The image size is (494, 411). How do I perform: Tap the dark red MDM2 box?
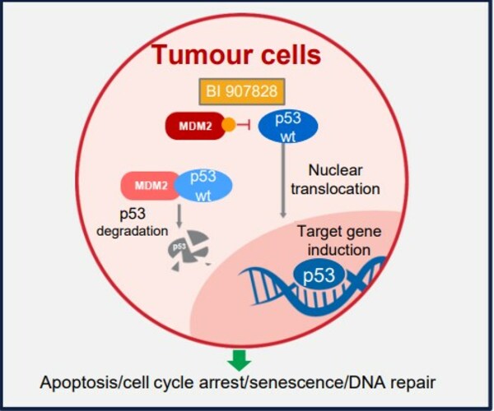[x=198, y=127]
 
